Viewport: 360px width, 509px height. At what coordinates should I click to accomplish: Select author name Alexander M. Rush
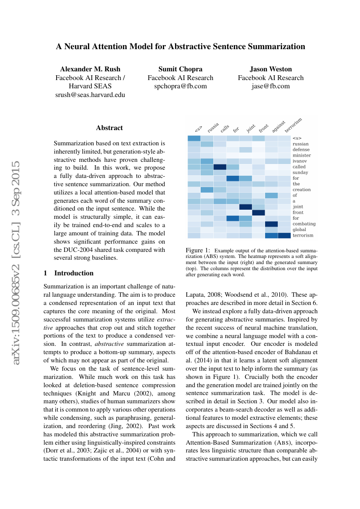click(90, 69)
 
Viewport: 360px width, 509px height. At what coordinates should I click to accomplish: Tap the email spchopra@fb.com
click(181, 86)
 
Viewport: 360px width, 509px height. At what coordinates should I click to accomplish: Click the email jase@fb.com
click(270, 86)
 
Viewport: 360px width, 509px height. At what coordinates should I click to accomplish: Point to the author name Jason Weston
click(271, 69)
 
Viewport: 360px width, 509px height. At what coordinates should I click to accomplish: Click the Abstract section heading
click(109, 128)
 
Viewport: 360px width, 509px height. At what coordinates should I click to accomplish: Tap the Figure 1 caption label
click(198, 251)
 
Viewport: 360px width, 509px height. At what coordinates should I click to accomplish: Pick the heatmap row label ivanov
click(299, 161)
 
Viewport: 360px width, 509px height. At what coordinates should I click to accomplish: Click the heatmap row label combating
click(304, 224)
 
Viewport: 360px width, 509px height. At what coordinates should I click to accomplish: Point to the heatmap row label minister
click(301, 155)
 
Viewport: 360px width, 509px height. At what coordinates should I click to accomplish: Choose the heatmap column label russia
click(212, 127)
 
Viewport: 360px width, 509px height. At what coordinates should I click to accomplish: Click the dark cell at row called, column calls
click(220, 167)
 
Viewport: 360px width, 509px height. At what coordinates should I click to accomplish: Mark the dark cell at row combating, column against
click(271, 224)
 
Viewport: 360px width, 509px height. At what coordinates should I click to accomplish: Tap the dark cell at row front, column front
click(259, 212)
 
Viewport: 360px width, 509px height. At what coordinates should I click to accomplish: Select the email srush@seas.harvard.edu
click(90, 95)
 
